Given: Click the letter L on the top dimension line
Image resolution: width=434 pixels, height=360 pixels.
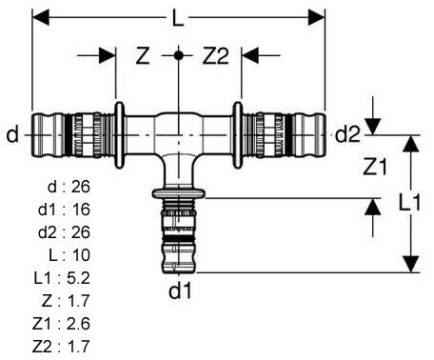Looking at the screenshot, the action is tap(178, 18).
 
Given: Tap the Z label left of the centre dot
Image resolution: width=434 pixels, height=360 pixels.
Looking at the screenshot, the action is tap(143, 55).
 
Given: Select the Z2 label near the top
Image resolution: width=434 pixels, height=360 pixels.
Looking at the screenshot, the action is tap(215, 55).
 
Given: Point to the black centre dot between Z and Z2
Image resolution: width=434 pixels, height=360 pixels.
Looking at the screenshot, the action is tap(179, 55).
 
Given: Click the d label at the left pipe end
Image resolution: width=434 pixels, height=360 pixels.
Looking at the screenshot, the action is tap(12, 134).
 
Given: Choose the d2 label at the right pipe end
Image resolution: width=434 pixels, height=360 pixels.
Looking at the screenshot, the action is tap(348, 134).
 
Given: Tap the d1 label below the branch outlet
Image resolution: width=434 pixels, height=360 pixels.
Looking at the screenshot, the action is tap(180, 290).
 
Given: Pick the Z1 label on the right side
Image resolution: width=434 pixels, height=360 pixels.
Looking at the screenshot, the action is tap(375, 167).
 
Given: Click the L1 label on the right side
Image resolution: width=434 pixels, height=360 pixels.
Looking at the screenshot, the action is tap(409, 202).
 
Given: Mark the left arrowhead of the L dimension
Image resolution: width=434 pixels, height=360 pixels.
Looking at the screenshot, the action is tap(41, 17).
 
